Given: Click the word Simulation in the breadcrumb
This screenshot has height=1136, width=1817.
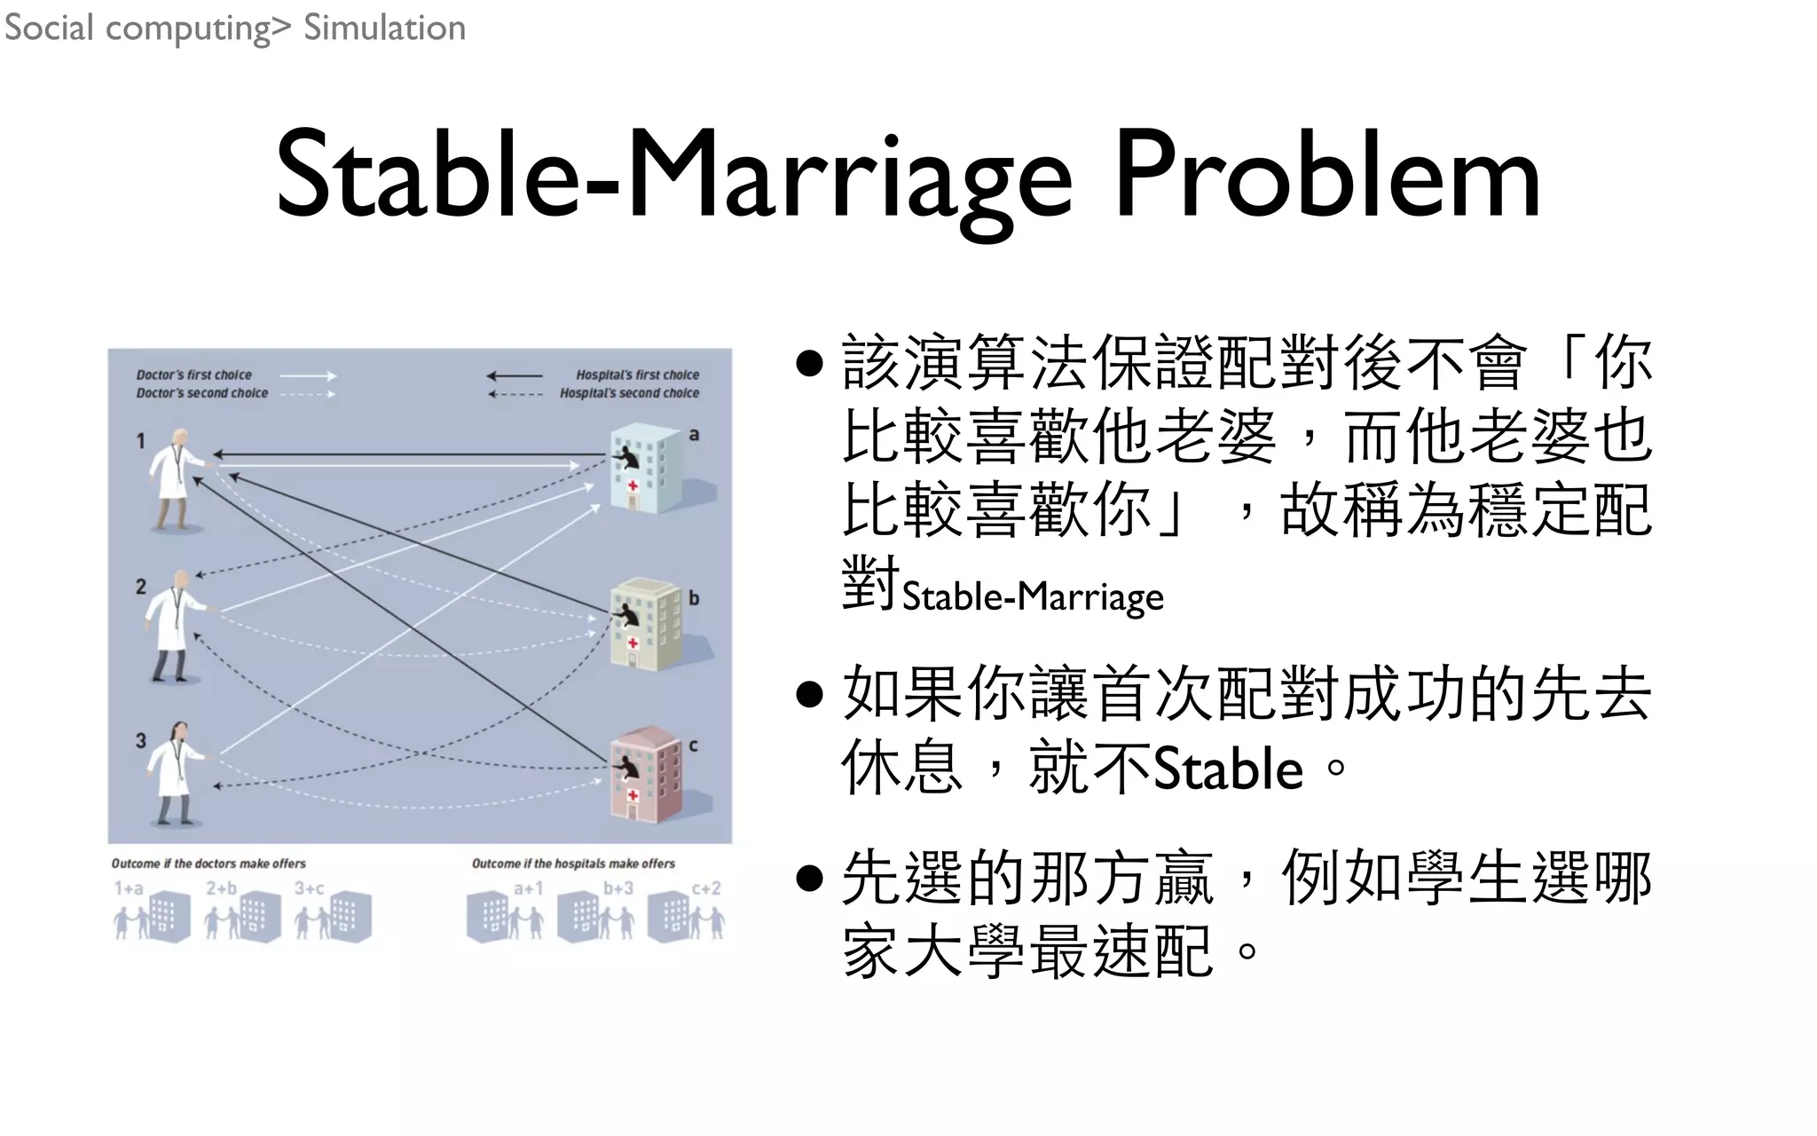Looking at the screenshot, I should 384,28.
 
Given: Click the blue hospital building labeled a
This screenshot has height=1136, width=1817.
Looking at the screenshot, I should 648,469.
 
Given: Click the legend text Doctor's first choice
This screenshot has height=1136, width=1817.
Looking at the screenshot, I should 193,375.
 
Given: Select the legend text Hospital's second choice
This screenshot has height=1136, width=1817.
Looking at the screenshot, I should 629,393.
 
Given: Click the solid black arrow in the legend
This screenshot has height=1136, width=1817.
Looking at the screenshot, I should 515,375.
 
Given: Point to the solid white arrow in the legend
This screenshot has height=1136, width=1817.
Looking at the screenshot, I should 308,375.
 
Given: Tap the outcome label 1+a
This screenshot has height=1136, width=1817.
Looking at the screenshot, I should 129,888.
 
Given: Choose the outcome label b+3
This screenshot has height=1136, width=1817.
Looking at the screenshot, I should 618,888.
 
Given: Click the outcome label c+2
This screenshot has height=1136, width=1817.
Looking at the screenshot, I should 706,888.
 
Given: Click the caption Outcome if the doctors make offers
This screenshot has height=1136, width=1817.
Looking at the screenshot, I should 208,864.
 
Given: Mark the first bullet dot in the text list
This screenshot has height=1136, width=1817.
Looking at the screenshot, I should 809,363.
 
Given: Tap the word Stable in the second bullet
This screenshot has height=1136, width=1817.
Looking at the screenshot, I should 1228,769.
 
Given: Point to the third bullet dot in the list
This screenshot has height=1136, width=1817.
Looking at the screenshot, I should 809,878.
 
